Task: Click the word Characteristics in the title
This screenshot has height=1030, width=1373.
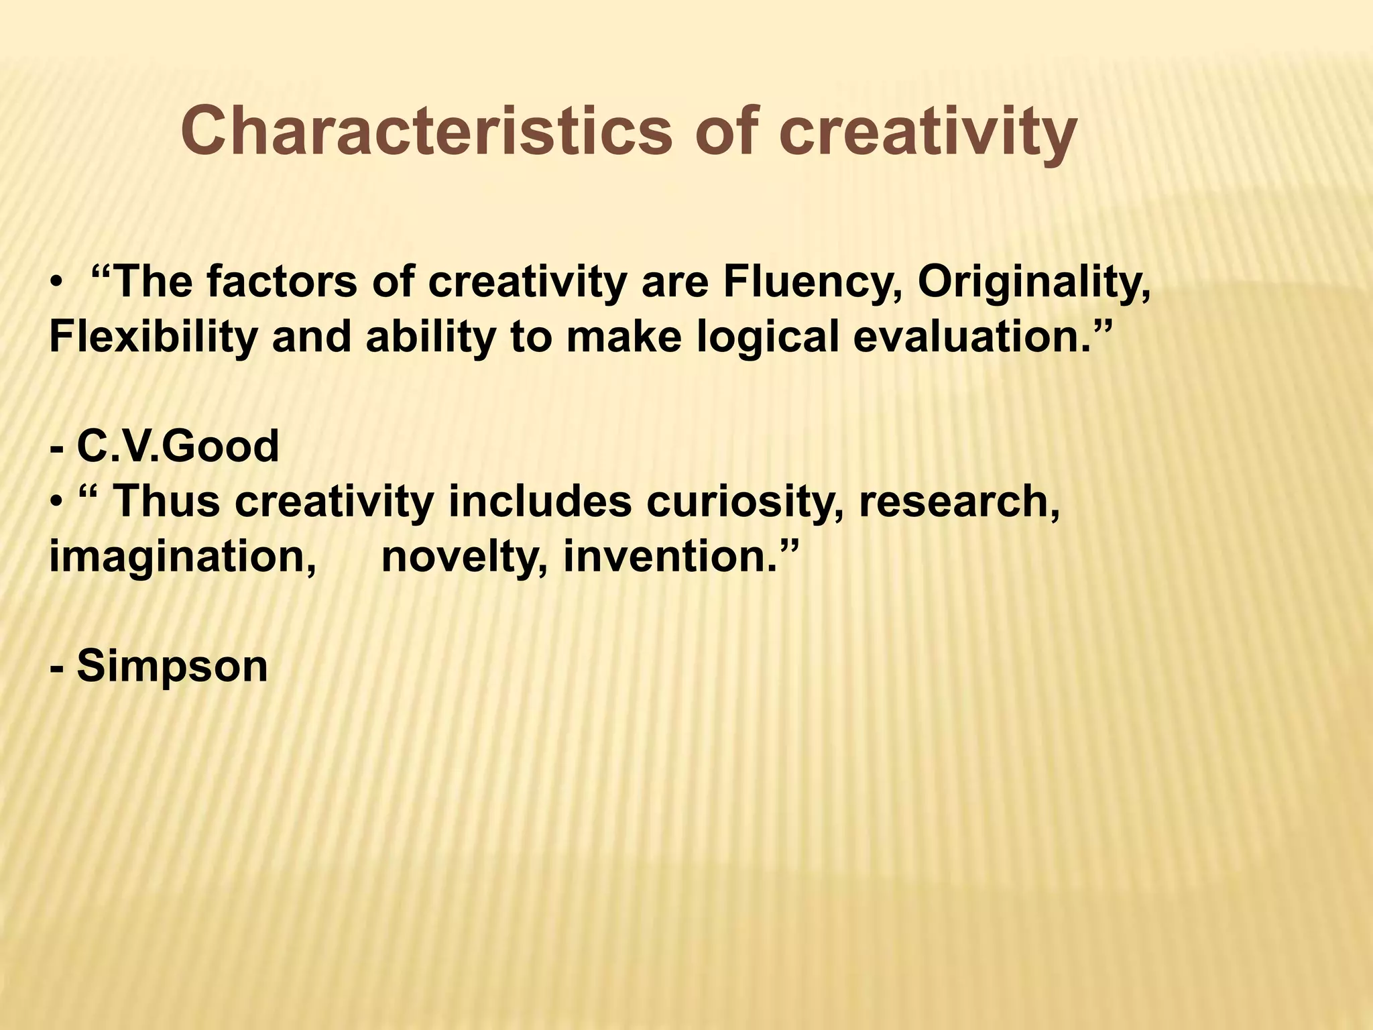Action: pyautogui.click(x=426, y=131)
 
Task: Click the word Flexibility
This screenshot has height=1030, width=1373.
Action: pyautogui.click(x=153, y=337)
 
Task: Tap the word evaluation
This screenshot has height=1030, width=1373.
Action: pyautogui.click(x=971, y=337)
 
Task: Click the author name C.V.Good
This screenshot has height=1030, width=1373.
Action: pyautogui.click(x=178, y=447)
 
